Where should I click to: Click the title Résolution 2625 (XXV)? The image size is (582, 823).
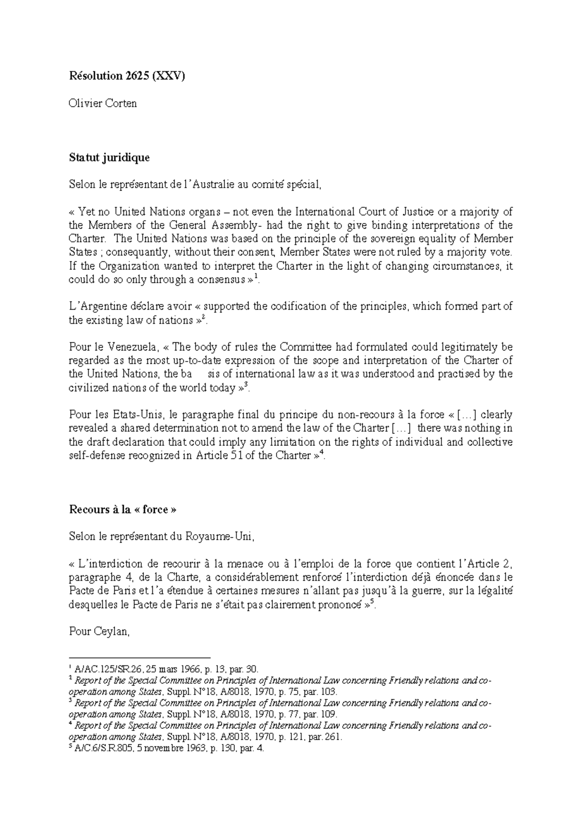tap(127, 76)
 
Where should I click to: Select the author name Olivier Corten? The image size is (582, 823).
tap(103, 103)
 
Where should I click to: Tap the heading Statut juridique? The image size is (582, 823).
tap(110, 158)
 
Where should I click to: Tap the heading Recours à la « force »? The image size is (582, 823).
tap(123, 509)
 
